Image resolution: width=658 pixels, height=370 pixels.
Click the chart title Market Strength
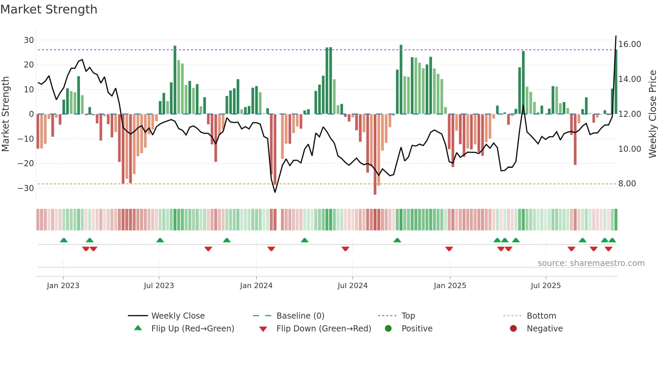[x=49, y=9]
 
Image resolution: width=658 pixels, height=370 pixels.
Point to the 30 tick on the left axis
[x=29, y=40]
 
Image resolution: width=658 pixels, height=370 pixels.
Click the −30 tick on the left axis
[x=26, y=188]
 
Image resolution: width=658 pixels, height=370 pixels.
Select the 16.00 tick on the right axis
[x=629, y=44]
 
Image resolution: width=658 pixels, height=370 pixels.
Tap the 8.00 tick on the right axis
[x=627, y=184]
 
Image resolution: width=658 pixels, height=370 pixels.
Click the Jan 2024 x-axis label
[x=256, y=286]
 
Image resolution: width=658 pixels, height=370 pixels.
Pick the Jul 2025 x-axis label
[x=546, y=286]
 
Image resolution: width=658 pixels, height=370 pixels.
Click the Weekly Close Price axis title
[x=652, y=114]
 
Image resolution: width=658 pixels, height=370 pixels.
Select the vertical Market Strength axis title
[x=6, y=114]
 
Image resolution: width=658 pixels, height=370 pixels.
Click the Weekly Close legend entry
[x=178, y=316]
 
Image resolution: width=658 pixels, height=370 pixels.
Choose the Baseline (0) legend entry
[x=300, y=316]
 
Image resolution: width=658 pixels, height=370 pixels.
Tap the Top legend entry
[x=408, y=316]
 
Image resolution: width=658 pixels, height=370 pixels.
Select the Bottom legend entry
[x=541, y=316]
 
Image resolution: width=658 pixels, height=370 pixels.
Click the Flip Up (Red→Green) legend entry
[x=192, y=329]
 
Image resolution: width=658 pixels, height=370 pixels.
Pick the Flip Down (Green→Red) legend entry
[x=324, y=329]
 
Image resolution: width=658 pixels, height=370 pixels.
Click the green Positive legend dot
[x=388, y=329]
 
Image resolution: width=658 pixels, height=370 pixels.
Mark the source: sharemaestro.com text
[x=591, y=263]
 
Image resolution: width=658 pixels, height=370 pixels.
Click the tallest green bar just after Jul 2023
[x=175, y=80]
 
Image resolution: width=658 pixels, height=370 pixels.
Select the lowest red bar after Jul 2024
[x=375, y=154]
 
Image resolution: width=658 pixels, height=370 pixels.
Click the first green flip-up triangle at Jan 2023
[x=64, y=240]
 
